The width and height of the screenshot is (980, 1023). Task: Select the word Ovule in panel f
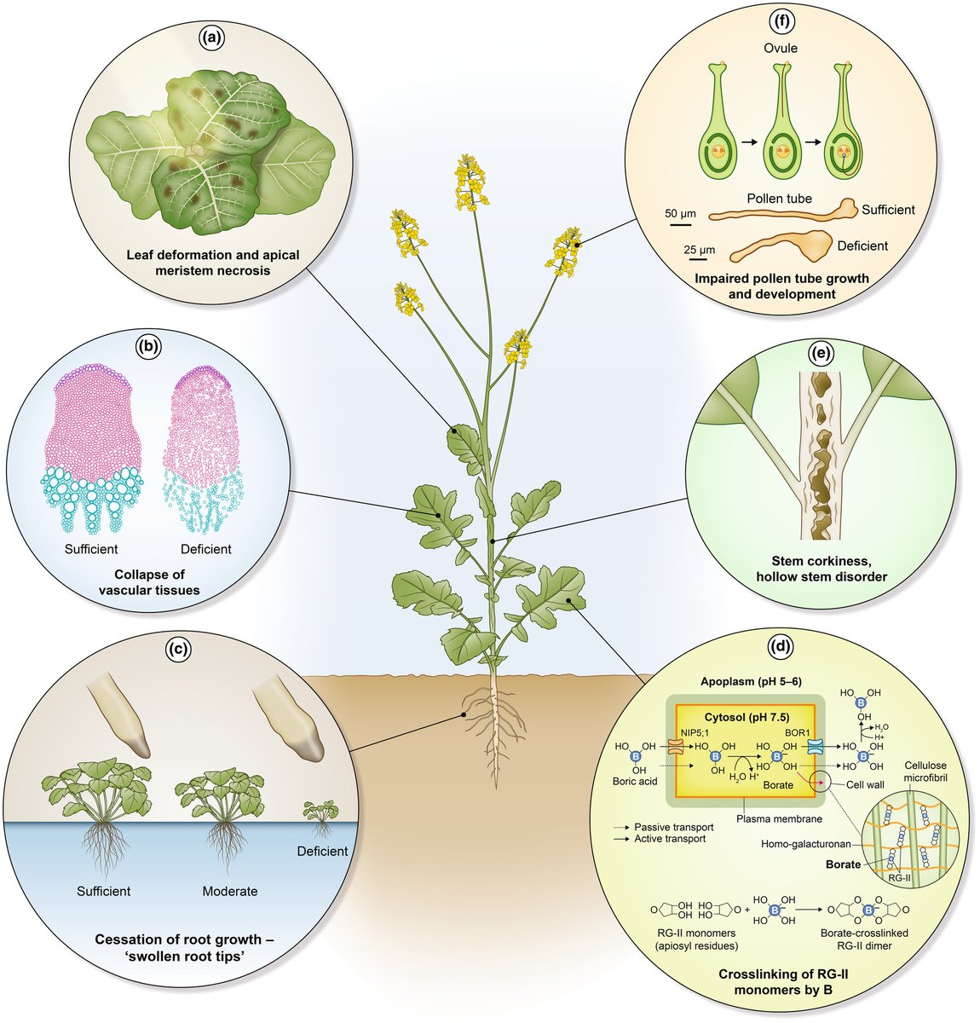780,49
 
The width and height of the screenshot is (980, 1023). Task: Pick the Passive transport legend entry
674,827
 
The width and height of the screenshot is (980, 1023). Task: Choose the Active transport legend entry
672,839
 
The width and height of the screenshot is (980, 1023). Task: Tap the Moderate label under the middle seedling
229,892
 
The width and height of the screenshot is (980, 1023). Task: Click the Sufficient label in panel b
90,549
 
